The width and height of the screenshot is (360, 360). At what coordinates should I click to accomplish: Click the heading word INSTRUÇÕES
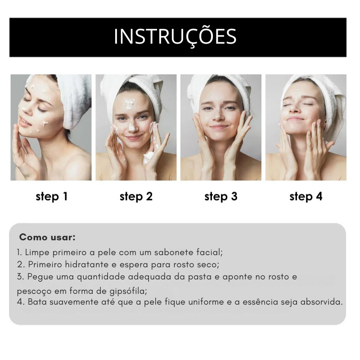[x=175, y=37]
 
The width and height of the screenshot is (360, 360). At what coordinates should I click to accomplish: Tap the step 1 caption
[x=52, y=197]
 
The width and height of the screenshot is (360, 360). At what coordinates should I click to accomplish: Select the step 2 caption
[x=136, y=197]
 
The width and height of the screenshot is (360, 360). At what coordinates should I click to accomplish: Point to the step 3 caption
[x=221, y=197]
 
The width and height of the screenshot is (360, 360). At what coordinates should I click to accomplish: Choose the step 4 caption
[x=306, y=197]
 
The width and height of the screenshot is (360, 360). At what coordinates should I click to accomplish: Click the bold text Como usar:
[x=47, y=237]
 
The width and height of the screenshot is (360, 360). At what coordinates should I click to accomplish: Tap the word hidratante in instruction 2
[x=87, y=265]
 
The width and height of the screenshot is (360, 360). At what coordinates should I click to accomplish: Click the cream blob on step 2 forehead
[x=130, y=103]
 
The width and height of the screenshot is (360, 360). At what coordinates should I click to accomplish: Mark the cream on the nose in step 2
[x=131, y=127]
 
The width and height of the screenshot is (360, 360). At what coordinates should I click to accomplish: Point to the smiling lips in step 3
[x=219, y=127]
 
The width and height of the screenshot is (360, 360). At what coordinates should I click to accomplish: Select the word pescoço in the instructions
[x=34, y=292]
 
